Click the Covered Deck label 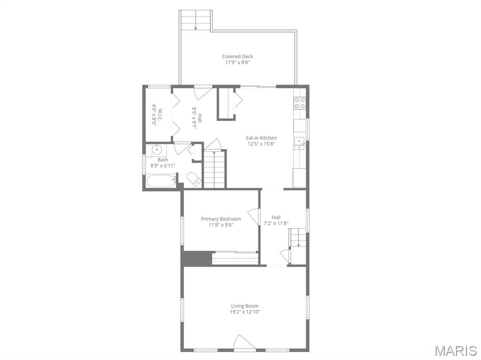point(237,56)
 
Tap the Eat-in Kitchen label point(261,138)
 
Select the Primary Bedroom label point(221,219)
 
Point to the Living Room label point(245,306)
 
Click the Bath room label point(163,160)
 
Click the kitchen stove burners point(300,103)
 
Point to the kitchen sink point(299,144)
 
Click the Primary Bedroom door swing point(254,216)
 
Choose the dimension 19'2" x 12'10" point(245,312)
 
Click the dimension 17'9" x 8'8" point(237,62)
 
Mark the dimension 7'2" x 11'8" point(276,223)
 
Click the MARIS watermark point(456,351)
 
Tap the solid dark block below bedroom point(197,258)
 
